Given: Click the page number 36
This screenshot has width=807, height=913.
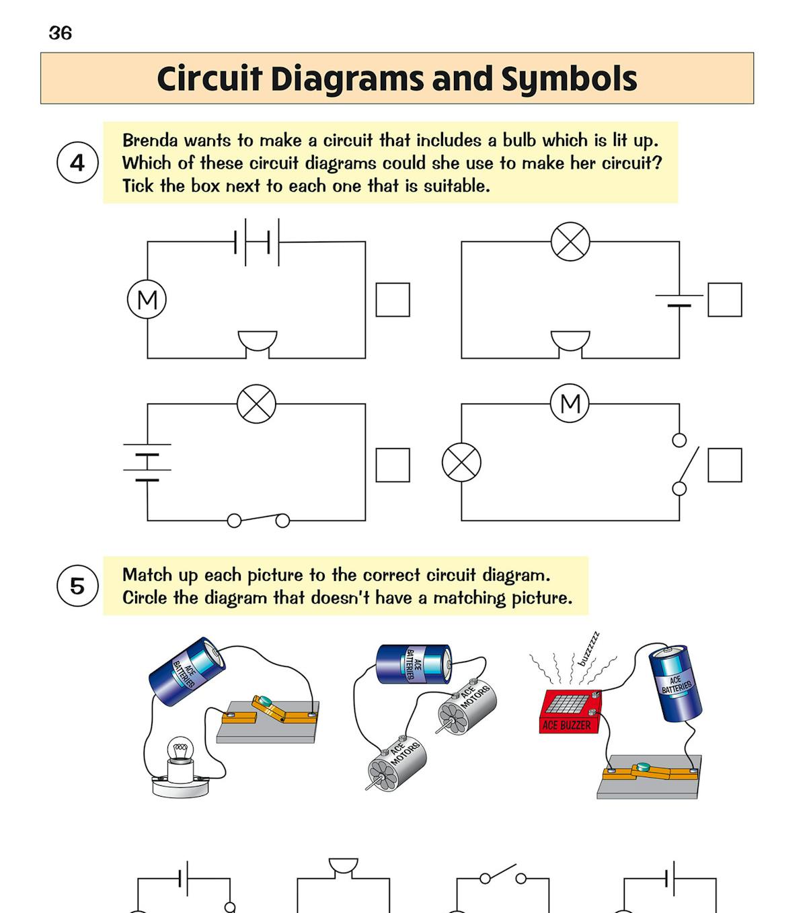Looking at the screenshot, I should tap(61, 33).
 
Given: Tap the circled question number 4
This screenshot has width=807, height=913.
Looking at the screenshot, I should tap(78, 163).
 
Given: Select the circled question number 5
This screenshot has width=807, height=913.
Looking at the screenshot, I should tap(78, 586).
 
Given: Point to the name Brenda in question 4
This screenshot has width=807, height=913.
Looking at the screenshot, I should tap(150, 141).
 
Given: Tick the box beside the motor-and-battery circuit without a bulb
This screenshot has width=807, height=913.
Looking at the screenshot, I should tap(393, 300).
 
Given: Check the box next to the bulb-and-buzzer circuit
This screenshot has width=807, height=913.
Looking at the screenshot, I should tap(725, 300).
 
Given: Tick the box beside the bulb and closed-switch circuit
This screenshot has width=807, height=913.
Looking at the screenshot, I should tap(393, 465).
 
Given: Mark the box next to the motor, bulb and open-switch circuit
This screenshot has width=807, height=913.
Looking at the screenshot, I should tap(725, 465).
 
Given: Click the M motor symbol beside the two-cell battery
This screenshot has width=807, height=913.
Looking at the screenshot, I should tap(147, 300).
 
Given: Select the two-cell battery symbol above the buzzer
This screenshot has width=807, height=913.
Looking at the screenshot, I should tap(257, 241).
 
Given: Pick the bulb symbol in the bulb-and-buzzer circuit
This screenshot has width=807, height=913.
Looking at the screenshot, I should tap(570, 241).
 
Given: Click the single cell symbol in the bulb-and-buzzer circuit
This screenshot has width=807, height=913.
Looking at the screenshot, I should tap(679, 301).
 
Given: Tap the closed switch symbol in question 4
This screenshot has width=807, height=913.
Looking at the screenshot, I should tap(258, 520).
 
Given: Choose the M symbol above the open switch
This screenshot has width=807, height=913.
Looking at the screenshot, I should tap(570, 403).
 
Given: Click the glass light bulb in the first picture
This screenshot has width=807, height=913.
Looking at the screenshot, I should tap(180, 753).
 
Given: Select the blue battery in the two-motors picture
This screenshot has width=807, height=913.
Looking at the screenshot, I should tap(413, 664).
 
